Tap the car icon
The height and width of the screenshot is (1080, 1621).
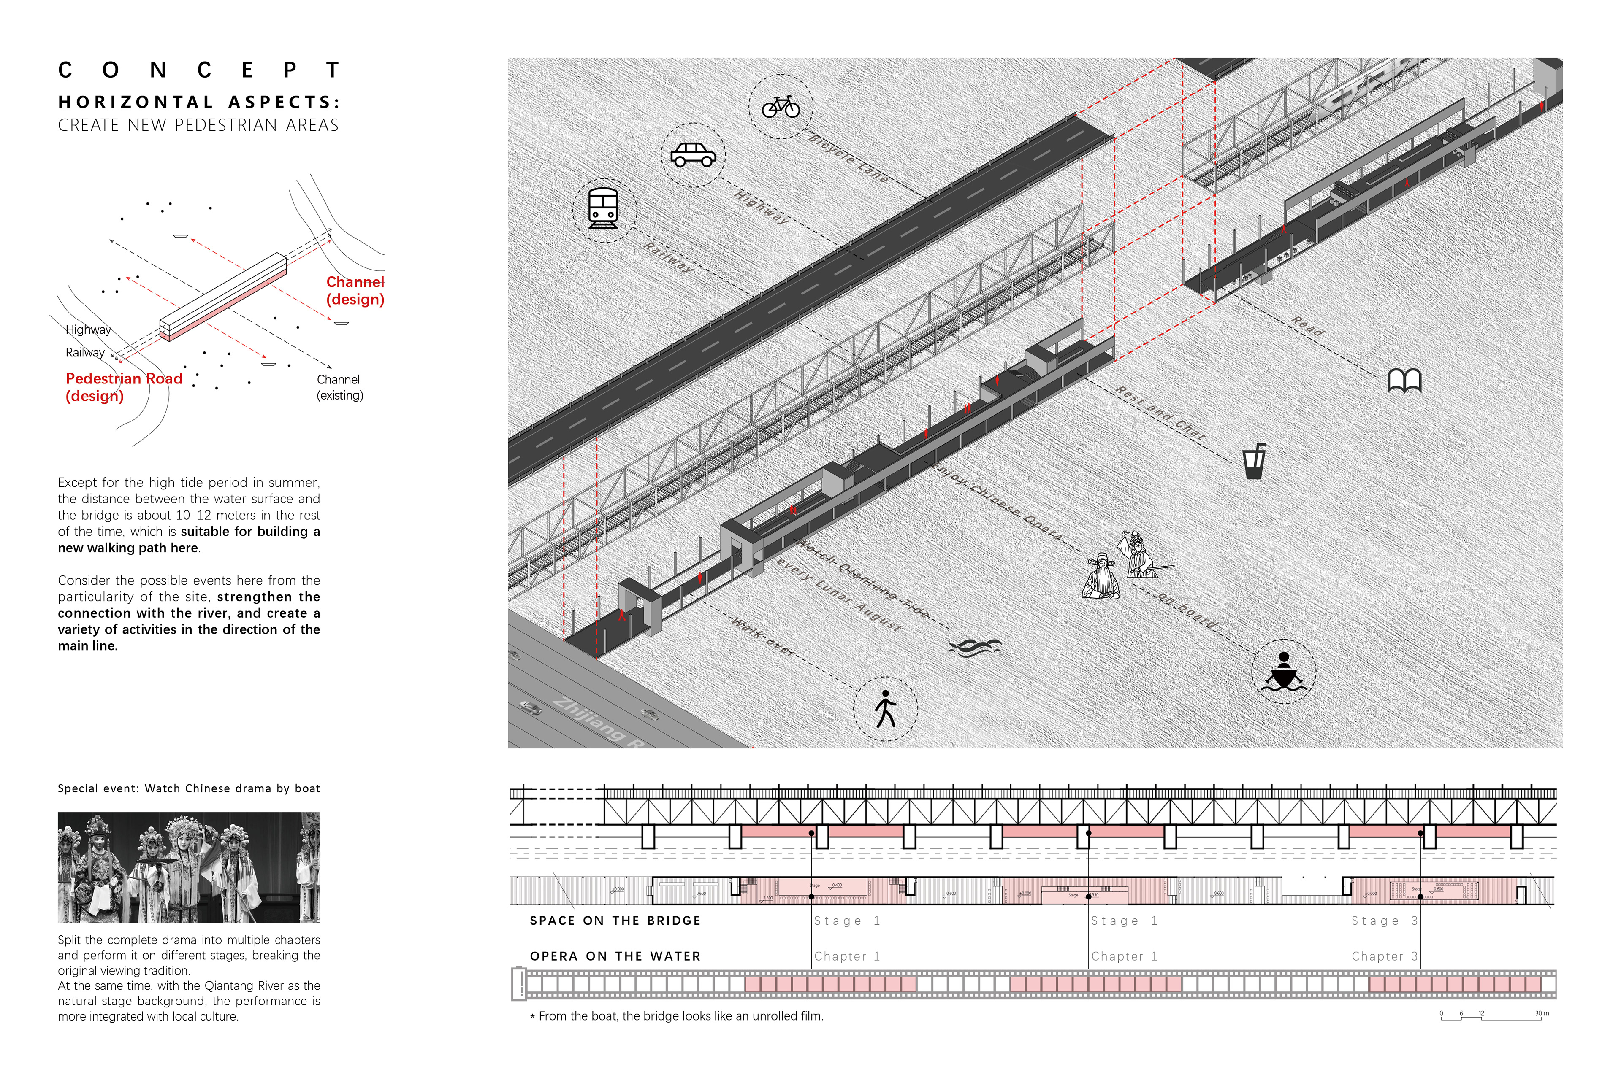[x=693, y=155]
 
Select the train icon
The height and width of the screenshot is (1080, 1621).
[x=603, y=208]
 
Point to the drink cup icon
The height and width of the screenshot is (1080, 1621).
[x=1254, y=462]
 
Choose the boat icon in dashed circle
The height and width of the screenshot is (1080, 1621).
[x=1283, y=672]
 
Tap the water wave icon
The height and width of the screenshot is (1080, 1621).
[x=975, y=647]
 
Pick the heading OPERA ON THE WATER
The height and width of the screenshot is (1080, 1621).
[x=615, y=956]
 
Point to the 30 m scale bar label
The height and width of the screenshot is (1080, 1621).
[x=1542, y=1013]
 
